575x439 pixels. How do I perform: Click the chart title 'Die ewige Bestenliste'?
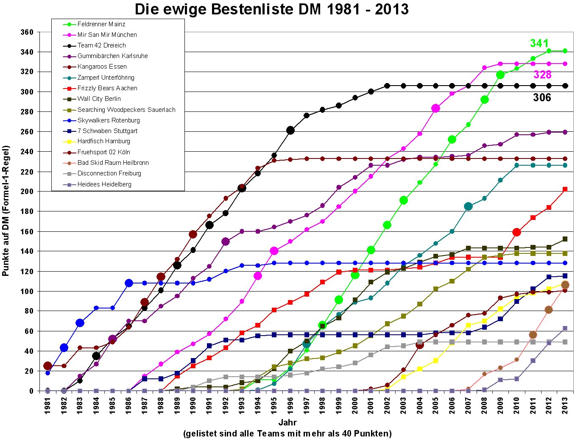click(271, 9)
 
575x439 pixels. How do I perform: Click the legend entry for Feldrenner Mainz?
click(101, 24)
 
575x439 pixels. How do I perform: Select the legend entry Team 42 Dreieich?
click(101, 45)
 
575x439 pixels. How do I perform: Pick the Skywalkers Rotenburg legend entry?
click(108, 120)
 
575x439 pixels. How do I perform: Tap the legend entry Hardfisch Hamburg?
click(103, 141)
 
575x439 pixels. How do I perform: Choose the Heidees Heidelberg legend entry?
click(104, 184)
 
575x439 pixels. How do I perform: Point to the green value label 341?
click(539, 43)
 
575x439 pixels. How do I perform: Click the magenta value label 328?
click(542, 75)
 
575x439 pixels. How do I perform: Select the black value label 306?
click(542, 98)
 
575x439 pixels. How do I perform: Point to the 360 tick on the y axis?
click(27, 32)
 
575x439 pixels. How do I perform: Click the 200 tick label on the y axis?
click(27, 192)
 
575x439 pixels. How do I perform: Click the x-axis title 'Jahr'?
click(287, 422)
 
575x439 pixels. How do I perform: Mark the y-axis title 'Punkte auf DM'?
click(6, 211)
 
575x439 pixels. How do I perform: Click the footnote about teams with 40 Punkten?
click(287, 433)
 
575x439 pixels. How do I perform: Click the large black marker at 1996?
click(290, 131)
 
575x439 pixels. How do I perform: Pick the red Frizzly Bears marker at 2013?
click(565, 189)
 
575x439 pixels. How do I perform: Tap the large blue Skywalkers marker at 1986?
click(129, 283)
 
